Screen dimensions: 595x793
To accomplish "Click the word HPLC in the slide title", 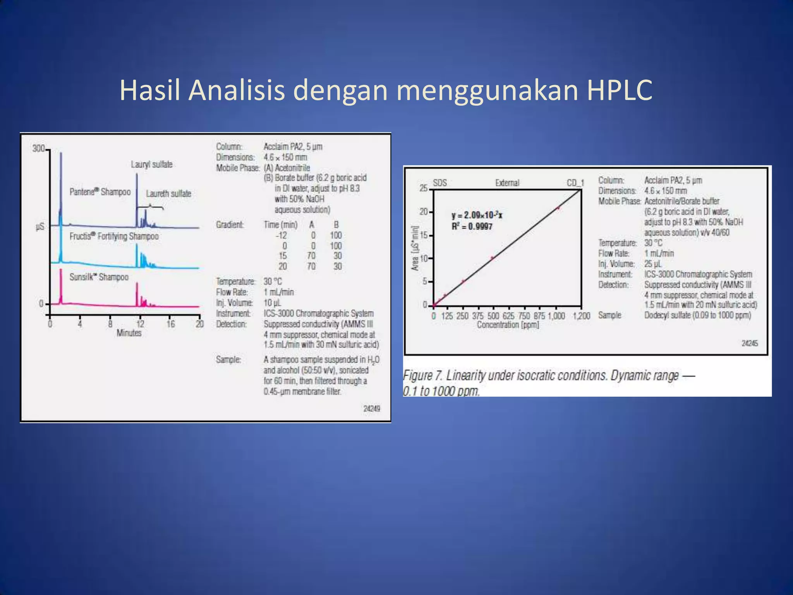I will point(618,90).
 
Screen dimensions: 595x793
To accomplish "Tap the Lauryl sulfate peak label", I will point(151,164).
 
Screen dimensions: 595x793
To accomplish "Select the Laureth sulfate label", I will point(168,194).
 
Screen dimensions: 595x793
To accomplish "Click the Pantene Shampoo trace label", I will point(100,192).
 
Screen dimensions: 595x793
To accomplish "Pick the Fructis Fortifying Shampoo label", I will point(114,236).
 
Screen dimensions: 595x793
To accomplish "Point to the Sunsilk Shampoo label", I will point(99,277).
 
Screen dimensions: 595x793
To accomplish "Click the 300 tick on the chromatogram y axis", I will point(39,148).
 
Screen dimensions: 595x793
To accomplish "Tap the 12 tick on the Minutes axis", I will point(140,324).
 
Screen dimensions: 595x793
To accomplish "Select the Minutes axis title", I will point(129,333).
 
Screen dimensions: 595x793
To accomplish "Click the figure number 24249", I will point(371,408).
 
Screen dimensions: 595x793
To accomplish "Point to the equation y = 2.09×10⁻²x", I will point(477,215).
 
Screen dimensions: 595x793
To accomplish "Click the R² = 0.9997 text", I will point(472,226).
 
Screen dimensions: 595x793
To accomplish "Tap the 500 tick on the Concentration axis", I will point(493,316).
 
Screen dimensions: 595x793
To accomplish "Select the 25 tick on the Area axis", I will point(424,189).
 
